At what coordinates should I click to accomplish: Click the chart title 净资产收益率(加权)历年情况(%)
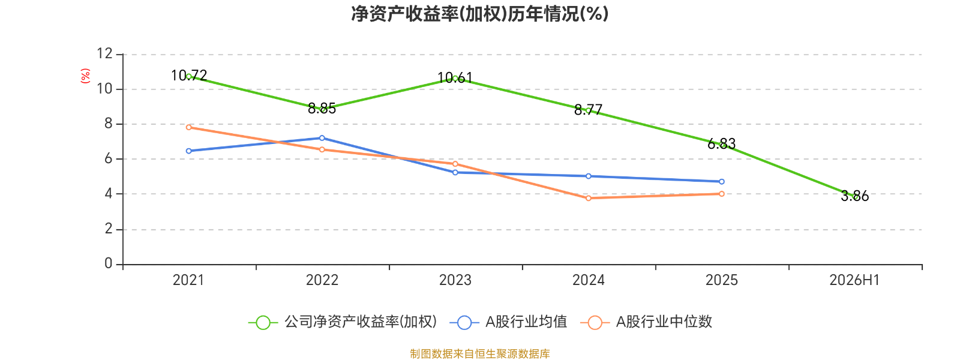(x=479, y=14)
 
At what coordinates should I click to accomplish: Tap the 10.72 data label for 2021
(x=189, y=76)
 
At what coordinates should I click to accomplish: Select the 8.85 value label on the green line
(x=322, y=109)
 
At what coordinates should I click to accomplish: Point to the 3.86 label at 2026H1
(x=854, y=196)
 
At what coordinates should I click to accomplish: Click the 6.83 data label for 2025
(x=721, y=144)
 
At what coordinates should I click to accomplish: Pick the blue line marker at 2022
(x=322, y=138)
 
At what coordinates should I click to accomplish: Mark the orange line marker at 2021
(x=189, y=127)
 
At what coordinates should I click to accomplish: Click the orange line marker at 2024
(x=589, y=199)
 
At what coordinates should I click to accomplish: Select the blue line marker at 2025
(x=722, y=182)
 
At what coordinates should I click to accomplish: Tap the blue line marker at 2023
(x=455, y=172)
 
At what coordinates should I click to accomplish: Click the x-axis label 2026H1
(x=854, y=280)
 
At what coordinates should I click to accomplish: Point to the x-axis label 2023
(x=455, y=280)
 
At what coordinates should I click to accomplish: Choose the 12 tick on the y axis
(x=104, y=53)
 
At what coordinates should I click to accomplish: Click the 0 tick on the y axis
(x=109, y=263)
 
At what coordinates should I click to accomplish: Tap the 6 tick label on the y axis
(x=109, y=158)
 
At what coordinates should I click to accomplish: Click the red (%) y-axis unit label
(x=85, y=76)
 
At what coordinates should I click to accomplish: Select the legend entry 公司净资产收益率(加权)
(x=343, y=322)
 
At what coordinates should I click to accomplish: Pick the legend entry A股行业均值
(x=508, y=322)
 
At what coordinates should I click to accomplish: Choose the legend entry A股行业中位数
(x=646, y=322)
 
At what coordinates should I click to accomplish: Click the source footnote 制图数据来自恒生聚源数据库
(x=479, y=353)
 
